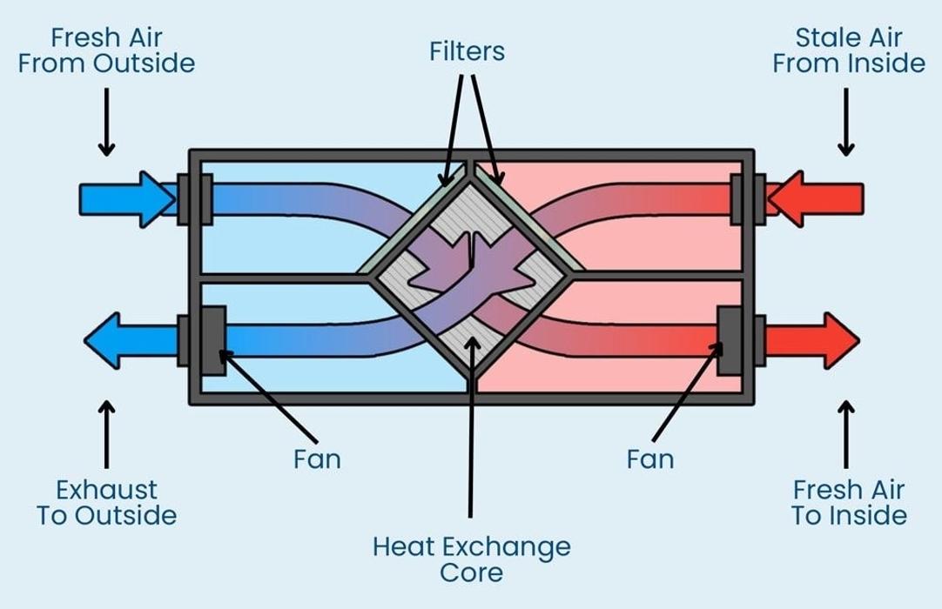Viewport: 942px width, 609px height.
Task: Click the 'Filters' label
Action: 467,51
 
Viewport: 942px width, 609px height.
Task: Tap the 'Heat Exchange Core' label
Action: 472,559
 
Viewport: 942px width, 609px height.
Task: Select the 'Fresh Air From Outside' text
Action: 106,50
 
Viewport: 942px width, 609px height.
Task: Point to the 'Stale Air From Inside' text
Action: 848,50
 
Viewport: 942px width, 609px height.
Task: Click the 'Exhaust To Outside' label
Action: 106,503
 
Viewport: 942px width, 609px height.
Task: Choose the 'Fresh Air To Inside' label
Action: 848,503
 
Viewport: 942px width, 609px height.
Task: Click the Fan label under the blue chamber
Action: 317,459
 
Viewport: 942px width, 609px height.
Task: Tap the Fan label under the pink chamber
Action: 650,459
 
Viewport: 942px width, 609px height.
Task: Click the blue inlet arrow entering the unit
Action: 128,199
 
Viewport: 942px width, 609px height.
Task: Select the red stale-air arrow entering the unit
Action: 815,199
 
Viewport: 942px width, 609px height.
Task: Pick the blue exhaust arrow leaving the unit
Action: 131,340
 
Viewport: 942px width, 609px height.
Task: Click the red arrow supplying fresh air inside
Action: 812,340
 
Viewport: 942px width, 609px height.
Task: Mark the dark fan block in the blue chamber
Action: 212,340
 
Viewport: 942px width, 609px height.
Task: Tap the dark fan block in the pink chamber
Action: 730,340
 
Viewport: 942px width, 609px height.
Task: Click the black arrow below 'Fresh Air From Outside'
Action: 106,122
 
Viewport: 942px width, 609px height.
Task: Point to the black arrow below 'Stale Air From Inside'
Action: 846,122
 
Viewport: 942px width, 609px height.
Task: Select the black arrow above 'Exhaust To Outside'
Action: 106,434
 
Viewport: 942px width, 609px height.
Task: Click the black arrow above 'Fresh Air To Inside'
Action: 846,434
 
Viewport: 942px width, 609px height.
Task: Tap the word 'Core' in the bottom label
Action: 472,572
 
